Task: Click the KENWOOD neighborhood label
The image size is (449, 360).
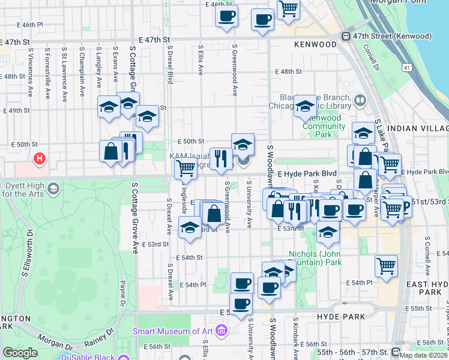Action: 315,44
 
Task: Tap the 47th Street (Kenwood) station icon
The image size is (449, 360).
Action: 346,37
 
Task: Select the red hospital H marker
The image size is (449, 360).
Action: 40,159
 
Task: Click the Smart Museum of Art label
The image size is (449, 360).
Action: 174,331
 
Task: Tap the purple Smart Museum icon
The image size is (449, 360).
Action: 221,330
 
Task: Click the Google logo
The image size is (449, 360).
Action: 19,353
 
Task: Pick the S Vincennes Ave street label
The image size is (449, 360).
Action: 30,79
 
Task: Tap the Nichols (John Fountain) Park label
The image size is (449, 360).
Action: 315,258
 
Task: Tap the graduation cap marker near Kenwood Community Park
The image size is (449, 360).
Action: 306,107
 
